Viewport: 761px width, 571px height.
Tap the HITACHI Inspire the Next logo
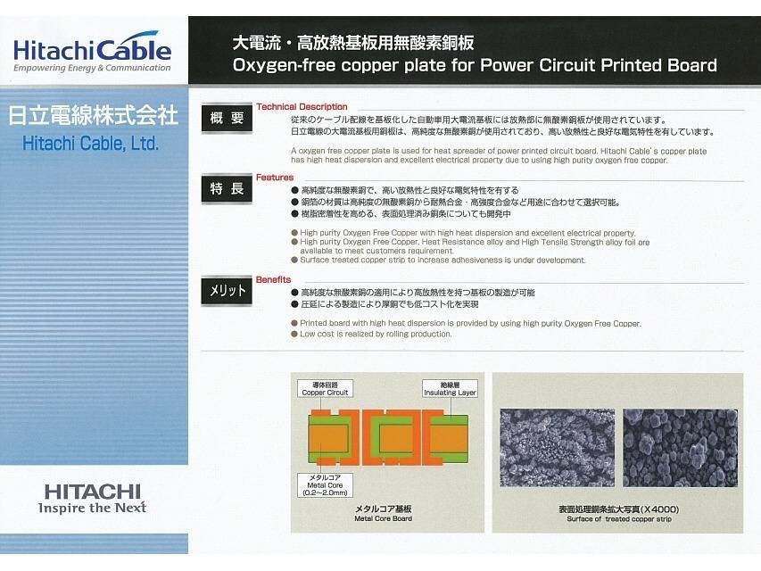click(92, 499)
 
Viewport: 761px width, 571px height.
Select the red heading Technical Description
click(302, 107)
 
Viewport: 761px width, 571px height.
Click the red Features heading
click(275, 178)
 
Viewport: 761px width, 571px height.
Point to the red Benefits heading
click(273, 279)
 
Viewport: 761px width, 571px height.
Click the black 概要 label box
click(227, 118)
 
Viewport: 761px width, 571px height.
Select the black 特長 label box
click(227, 188)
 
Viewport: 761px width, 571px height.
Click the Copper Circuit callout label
click(325, 389)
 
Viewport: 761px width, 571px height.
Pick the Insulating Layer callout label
click(450, 389)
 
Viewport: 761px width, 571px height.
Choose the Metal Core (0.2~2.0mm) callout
click(325, 485)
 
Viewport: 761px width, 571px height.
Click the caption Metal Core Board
click(384, 518)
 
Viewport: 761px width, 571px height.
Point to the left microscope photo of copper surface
click(558, 448)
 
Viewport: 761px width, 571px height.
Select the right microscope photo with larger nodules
click(681, 448)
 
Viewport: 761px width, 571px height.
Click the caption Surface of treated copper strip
click(619, 519)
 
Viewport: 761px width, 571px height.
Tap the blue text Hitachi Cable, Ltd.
click(91, 144)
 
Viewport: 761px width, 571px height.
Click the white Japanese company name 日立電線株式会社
click(93, 116)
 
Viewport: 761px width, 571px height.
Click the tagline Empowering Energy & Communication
click(92, 68)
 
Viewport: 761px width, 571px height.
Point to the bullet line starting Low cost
click(371, 334)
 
